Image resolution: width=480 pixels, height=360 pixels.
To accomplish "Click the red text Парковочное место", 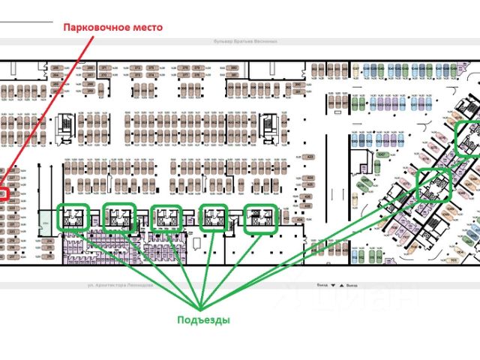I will [112, 26].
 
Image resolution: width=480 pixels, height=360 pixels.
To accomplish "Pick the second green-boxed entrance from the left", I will [119, 217].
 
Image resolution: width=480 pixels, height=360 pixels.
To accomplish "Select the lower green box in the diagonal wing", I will [433, 184].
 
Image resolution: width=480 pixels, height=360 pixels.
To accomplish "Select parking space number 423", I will [309, 156].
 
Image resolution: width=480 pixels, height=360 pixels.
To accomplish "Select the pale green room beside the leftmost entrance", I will [46, 222].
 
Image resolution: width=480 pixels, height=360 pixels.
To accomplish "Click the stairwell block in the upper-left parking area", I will [67, 123].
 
